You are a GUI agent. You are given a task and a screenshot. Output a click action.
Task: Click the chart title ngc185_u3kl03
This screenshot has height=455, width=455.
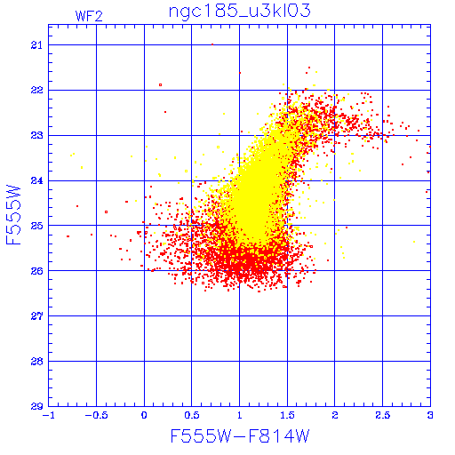point(239,12)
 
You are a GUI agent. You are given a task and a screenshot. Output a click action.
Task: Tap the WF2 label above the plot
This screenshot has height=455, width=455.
point(89,16)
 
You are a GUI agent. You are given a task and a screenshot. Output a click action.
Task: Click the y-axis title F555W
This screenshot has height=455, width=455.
point(13,215)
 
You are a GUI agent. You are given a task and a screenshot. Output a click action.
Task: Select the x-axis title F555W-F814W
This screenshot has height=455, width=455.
point(240,436)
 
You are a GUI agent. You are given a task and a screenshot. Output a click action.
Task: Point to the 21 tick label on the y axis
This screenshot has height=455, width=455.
point(36,45)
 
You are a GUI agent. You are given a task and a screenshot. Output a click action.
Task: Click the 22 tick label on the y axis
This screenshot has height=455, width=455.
point(36,90)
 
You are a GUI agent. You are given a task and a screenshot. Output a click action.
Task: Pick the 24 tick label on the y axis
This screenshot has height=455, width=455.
point(36,180)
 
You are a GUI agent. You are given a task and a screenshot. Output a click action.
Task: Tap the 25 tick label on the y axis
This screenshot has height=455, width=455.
point(36,226)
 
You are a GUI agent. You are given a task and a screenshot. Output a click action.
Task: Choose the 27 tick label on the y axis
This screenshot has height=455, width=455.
point(36,316)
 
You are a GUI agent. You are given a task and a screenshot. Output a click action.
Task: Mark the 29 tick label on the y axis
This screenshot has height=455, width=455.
point(36,406)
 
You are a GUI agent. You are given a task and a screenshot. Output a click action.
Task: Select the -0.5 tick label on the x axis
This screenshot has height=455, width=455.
point(97,415)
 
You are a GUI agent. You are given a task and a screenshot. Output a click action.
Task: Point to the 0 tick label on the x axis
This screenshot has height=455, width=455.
point(144,415)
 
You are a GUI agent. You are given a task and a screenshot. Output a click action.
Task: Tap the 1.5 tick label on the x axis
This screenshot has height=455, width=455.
point(287,415)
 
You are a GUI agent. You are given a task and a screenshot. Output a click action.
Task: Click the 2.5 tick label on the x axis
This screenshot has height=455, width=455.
point(382,415)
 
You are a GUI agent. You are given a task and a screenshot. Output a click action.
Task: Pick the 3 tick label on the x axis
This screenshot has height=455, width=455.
point(430,415)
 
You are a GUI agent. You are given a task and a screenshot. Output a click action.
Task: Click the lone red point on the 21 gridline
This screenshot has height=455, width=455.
point(212,44)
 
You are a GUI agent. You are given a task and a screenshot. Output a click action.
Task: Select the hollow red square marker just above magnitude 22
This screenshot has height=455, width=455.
point(160,85)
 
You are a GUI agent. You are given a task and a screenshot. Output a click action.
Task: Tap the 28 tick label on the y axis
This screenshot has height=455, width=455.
point(36,362)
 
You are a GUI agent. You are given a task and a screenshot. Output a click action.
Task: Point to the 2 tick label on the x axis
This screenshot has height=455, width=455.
point(335,415)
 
